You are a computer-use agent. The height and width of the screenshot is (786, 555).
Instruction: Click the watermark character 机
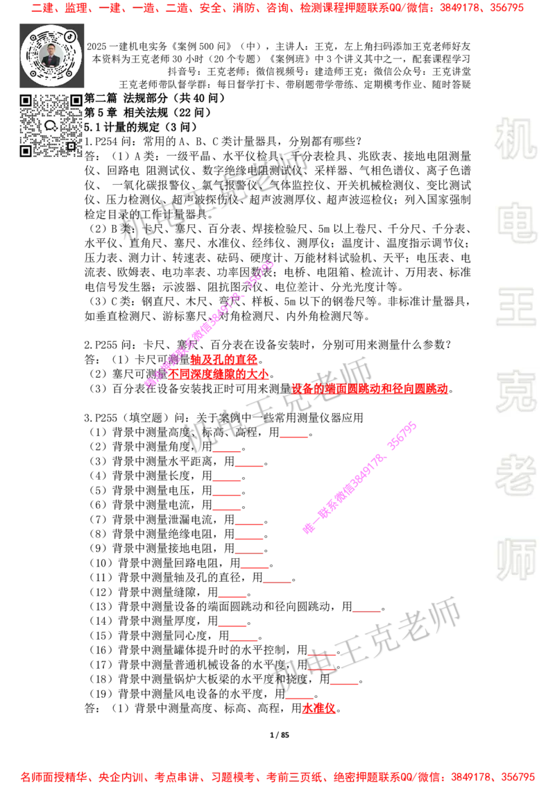coord(515,139)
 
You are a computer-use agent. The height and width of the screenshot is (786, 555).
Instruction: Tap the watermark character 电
coord(518,222)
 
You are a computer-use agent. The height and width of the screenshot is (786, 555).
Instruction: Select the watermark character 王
coord(515,308)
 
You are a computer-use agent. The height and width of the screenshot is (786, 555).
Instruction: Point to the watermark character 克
coord(515,392)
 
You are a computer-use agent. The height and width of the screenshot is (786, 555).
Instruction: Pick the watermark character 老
coord(515,475)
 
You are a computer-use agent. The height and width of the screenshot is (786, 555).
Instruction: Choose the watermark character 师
coord(515,561)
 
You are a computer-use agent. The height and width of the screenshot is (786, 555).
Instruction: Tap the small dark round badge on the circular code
coord(70,35)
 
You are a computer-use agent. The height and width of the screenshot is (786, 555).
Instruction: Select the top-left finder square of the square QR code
coord(26,101)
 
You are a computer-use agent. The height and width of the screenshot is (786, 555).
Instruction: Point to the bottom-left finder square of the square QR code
coord(26,151)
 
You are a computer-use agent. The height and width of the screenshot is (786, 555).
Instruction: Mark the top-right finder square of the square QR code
coord(76,101)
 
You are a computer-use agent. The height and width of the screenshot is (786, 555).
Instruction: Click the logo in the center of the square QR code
coord(51,126)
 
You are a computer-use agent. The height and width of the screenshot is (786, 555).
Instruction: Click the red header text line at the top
coord(277,8)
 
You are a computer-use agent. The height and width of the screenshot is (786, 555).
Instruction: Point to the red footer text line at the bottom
coord(277,776)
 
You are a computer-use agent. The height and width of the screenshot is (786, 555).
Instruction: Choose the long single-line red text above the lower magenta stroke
coord(370,389)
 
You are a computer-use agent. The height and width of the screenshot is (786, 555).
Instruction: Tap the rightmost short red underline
coord(366,613)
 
